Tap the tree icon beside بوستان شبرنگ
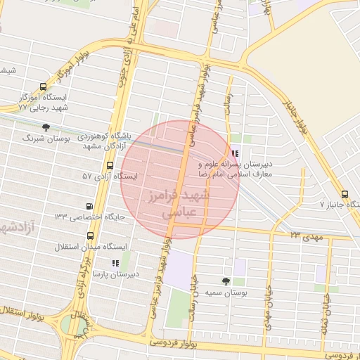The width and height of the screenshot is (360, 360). (x=46, y=127)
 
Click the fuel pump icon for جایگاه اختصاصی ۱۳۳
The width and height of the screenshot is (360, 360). (x=89, y=206)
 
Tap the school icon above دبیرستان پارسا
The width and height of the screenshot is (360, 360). (x=115, y=263)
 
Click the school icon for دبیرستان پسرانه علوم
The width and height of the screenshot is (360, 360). (x=235, y=153)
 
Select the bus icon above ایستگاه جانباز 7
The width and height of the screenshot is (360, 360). (x=344, y=195)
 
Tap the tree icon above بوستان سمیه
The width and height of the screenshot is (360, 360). (x=226, y=280)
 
